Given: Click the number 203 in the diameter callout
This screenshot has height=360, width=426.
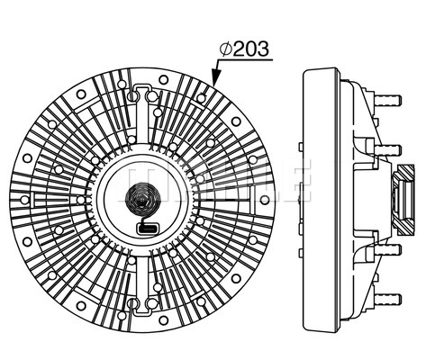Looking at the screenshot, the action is tap(250, 49).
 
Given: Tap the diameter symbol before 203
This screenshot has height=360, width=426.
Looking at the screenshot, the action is tap(225, 49).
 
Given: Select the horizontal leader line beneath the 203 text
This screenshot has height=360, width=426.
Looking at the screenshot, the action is tap(245, 60).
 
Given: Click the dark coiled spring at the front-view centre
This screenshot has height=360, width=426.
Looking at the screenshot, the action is tap(140, 199).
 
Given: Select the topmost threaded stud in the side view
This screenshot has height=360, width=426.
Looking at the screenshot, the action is tap(387, 100).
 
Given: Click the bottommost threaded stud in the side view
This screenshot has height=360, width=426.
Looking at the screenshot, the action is tap(387, 299).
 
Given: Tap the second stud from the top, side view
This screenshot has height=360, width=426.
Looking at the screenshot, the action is tap(387, 150).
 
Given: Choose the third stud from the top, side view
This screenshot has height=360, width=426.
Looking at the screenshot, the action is tap(387, 249).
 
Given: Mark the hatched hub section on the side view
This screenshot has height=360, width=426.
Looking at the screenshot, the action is tap(403, 200).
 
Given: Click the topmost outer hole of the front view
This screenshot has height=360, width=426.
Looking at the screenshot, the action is tap(163, 79).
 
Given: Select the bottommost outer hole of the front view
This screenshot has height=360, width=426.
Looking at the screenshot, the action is tap(163, 320).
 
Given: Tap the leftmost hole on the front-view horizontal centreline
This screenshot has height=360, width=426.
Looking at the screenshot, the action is tap(25, 200).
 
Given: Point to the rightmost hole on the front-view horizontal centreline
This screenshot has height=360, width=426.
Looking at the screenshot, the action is tap(264, 200).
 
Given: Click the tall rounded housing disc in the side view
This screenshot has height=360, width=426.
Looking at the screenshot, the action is tap(321, 200).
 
